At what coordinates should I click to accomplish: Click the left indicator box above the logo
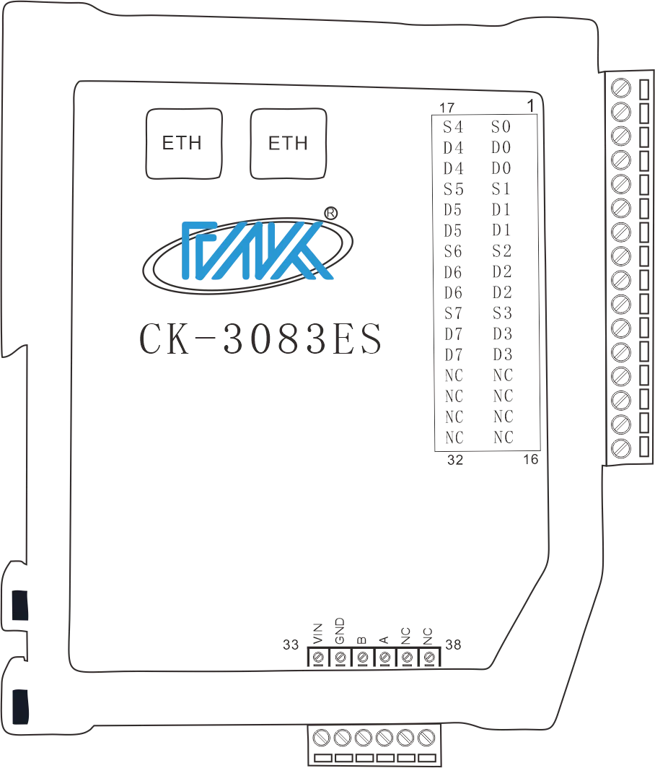tap(185, 142)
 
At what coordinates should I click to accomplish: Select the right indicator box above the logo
tap(288, 142)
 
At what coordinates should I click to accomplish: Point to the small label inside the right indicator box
tap(288, 141)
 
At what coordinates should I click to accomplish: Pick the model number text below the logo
tap(259, 339)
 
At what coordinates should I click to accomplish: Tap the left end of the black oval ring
tap(144, 267)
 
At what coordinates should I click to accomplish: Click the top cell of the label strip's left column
tap(454, 123)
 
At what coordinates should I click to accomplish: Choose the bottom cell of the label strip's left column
tap(455, 428)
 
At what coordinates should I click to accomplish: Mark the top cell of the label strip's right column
tap(502, 124)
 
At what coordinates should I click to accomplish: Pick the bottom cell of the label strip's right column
tap(502, 428)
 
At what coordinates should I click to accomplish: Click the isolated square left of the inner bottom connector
tap(291, 641)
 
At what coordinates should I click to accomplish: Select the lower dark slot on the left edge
tap(22, 705)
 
